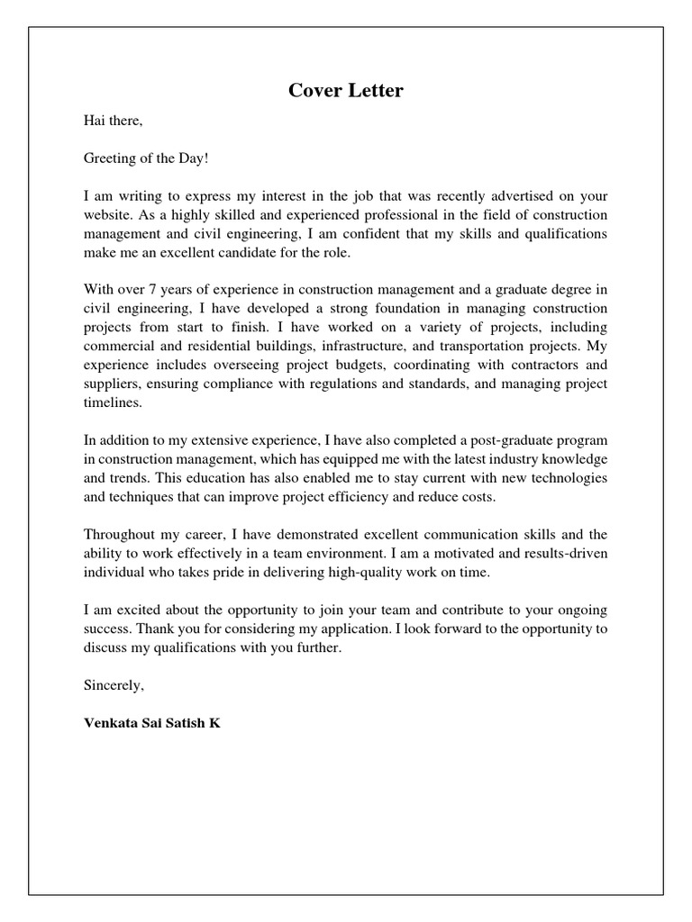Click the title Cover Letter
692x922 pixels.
pos(346,91)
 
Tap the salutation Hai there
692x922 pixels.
pos(113,120)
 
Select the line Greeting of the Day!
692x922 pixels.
pos(146,158)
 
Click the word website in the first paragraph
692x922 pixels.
pos(107,215)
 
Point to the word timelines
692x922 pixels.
pos(113,403)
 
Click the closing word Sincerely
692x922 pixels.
pos(114,685)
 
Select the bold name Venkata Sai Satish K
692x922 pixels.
pos(151,723)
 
